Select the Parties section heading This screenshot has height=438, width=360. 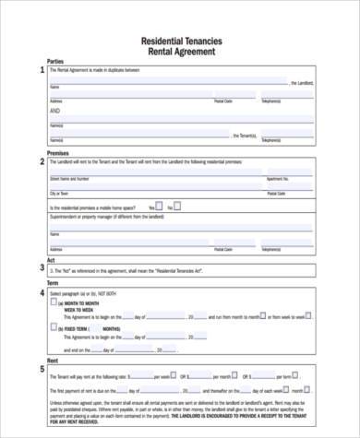pyautogui.click(x=55, y=62)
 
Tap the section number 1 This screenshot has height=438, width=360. pyautogui.click(x=41, y=70)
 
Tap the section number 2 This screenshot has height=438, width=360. pyautogui.click(x=41, y=161)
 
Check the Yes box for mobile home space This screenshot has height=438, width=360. pyautogui.click(x=159, y=207)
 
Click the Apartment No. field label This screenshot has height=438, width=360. pyautogui.click(x=278, y=180)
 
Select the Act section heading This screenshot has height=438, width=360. pyautogui.click(x=51, y=260)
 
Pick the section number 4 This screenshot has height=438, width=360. pyautogui.click(x=41, y=294)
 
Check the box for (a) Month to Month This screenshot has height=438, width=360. pyautogui.click(x=54, y=302)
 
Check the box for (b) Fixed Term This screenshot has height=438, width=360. pyautogui.click(x=54, y=326)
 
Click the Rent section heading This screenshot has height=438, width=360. pyautogui.click(x=53, y=361)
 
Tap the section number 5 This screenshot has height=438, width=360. pyautogui.click(x=41, y=370)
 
